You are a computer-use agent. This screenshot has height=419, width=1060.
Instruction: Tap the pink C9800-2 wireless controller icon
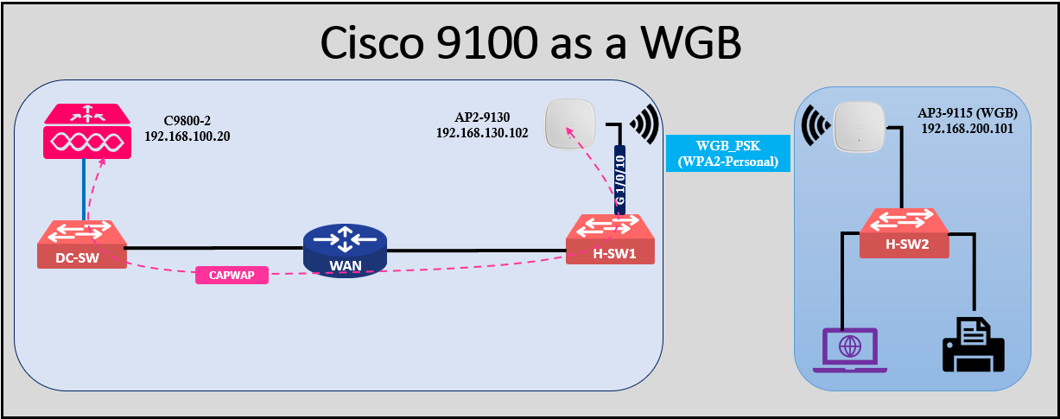(88, 130)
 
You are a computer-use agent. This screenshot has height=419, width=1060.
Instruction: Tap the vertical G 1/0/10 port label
(619, 181)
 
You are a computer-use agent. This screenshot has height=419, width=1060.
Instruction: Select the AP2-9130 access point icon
(573, 124)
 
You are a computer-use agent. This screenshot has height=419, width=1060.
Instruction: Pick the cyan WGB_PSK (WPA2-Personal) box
(728, 153)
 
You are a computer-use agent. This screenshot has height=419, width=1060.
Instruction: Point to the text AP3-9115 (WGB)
(967, 113)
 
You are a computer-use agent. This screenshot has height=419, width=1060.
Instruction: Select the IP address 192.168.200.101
(967, 128)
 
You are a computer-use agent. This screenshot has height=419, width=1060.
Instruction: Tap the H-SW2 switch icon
(904, 233)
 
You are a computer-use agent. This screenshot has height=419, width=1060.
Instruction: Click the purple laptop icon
(851, 351)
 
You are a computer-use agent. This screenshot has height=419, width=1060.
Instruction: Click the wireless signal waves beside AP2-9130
(644, 124)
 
